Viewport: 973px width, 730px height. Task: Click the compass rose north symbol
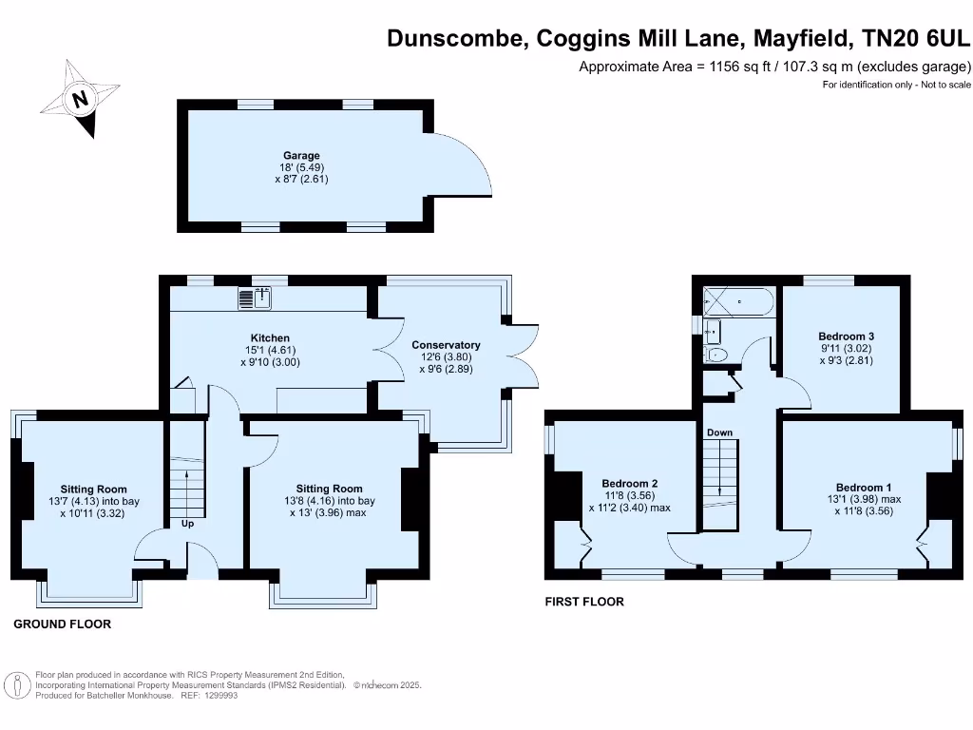82,98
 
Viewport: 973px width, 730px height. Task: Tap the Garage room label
301,156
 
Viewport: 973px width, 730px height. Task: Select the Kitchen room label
270,338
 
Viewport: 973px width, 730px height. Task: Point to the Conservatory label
446,345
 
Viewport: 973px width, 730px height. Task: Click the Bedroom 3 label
846,336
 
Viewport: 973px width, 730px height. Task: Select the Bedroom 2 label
629,484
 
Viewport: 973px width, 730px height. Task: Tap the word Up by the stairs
187,524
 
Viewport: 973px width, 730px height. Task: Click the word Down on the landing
719,433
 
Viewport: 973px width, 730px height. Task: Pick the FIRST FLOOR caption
584,602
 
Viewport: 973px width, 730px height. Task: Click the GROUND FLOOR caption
62,624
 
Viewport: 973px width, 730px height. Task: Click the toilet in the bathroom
718,355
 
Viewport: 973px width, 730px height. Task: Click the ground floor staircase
187,485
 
